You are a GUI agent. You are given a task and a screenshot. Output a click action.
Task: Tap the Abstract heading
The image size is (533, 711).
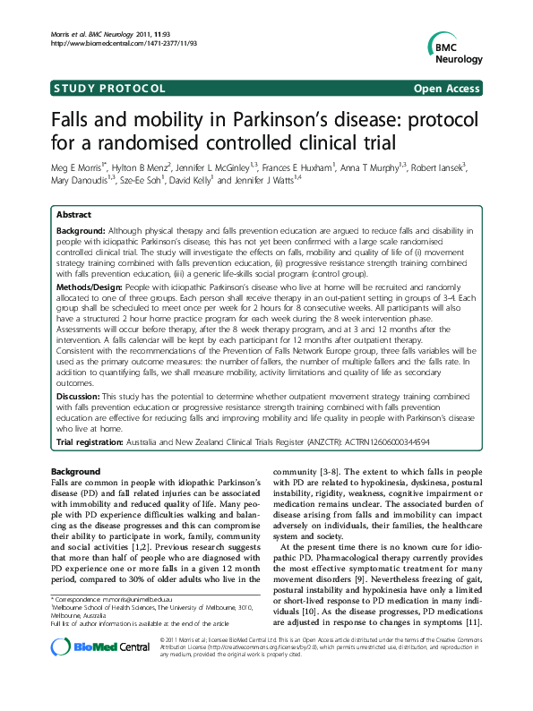73,216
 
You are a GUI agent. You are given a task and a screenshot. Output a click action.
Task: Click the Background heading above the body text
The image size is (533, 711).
76,472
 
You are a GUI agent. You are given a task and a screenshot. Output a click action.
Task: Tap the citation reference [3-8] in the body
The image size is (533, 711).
342,472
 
